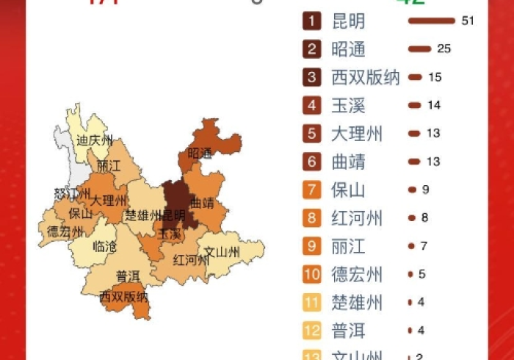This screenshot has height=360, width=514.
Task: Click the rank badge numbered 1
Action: click(312, 21)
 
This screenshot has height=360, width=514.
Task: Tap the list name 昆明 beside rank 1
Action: click(348, 21)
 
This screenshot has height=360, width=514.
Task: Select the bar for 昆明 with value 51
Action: click(431, 21)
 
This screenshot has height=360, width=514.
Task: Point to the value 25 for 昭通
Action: click(444, 49)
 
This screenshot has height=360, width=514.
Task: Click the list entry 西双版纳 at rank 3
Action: click(365, 77)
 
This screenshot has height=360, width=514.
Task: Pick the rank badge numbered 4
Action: click(312, 105)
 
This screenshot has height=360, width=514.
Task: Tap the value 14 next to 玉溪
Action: click(434, 105)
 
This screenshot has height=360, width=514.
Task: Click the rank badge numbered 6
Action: click(312, 162)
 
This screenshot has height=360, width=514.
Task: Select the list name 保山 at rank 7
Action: click(348, 190)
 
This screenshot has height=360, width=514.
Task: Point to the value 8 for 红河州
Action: click(424, 217)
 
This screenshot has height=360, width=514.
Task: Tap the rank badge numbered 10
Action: click(312, 275)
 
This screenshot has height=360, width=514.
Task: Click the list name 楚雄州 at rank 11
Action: click(357, 303)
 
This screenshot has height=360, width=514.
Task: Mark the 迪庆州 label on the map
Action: click(95, 140)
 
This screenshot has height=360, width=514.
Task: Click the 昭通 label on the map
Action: click(199, 154)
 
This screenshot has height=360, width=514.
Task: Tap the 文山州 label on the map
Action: click(222, 253)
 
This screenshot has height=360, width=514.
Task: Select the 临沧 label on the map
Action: click(104, 247)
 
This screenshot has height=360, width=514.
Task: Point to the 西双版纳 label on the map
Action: click(123, 297)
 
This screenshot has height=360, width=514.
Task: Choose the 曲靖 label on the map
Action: click(202, 202)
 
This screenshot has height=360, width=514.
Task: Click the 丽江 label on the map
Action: click(108, 167)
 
